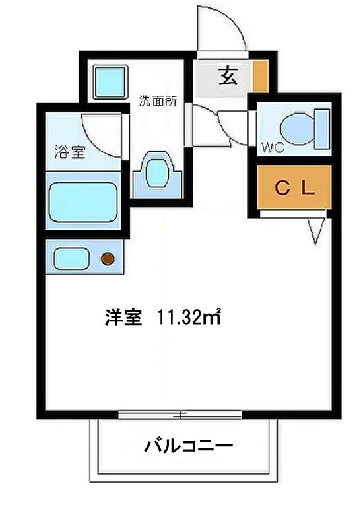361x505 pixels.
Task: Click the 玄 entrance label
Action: [x=228, y=76]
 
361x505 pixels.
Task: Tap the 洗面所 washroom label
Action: [x=158, y=101]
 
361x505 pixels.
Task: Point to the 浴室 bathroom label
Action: [x=70, y=152]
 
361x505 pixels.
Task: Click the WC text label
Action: [x=273, y=147]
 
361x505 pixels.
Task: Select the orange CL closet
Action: [x=294, y=187]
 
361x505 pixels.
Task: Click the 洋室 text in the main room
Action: [x=123, y=318]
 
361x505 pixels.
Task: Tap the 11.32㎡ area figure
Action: [x=189, y=318]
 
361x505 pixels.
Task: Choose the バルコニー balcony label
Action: [x=188, y=446]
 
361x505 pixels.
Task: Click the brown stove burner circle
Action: [x=108, y=259]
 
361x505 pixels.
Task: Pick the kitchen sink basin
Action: [x=71, y=258]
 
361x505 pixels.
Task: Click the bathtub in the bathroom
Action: [x=82, y=202]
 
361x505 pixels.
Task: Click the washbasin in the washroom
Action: [x=158, y=174]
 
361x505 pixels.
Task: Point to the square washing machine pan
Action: [x=110, y=82]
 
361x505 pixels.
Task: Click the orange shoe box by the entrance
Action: [x=261, y=76]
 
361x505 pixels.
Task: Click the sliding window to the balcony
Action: [x=180, y=415]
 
